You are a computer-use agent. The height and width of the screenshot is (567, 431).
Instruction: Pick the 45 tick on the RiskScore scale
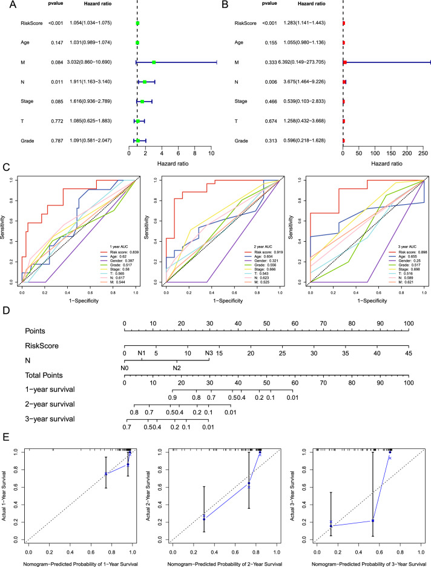[409, 351]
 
